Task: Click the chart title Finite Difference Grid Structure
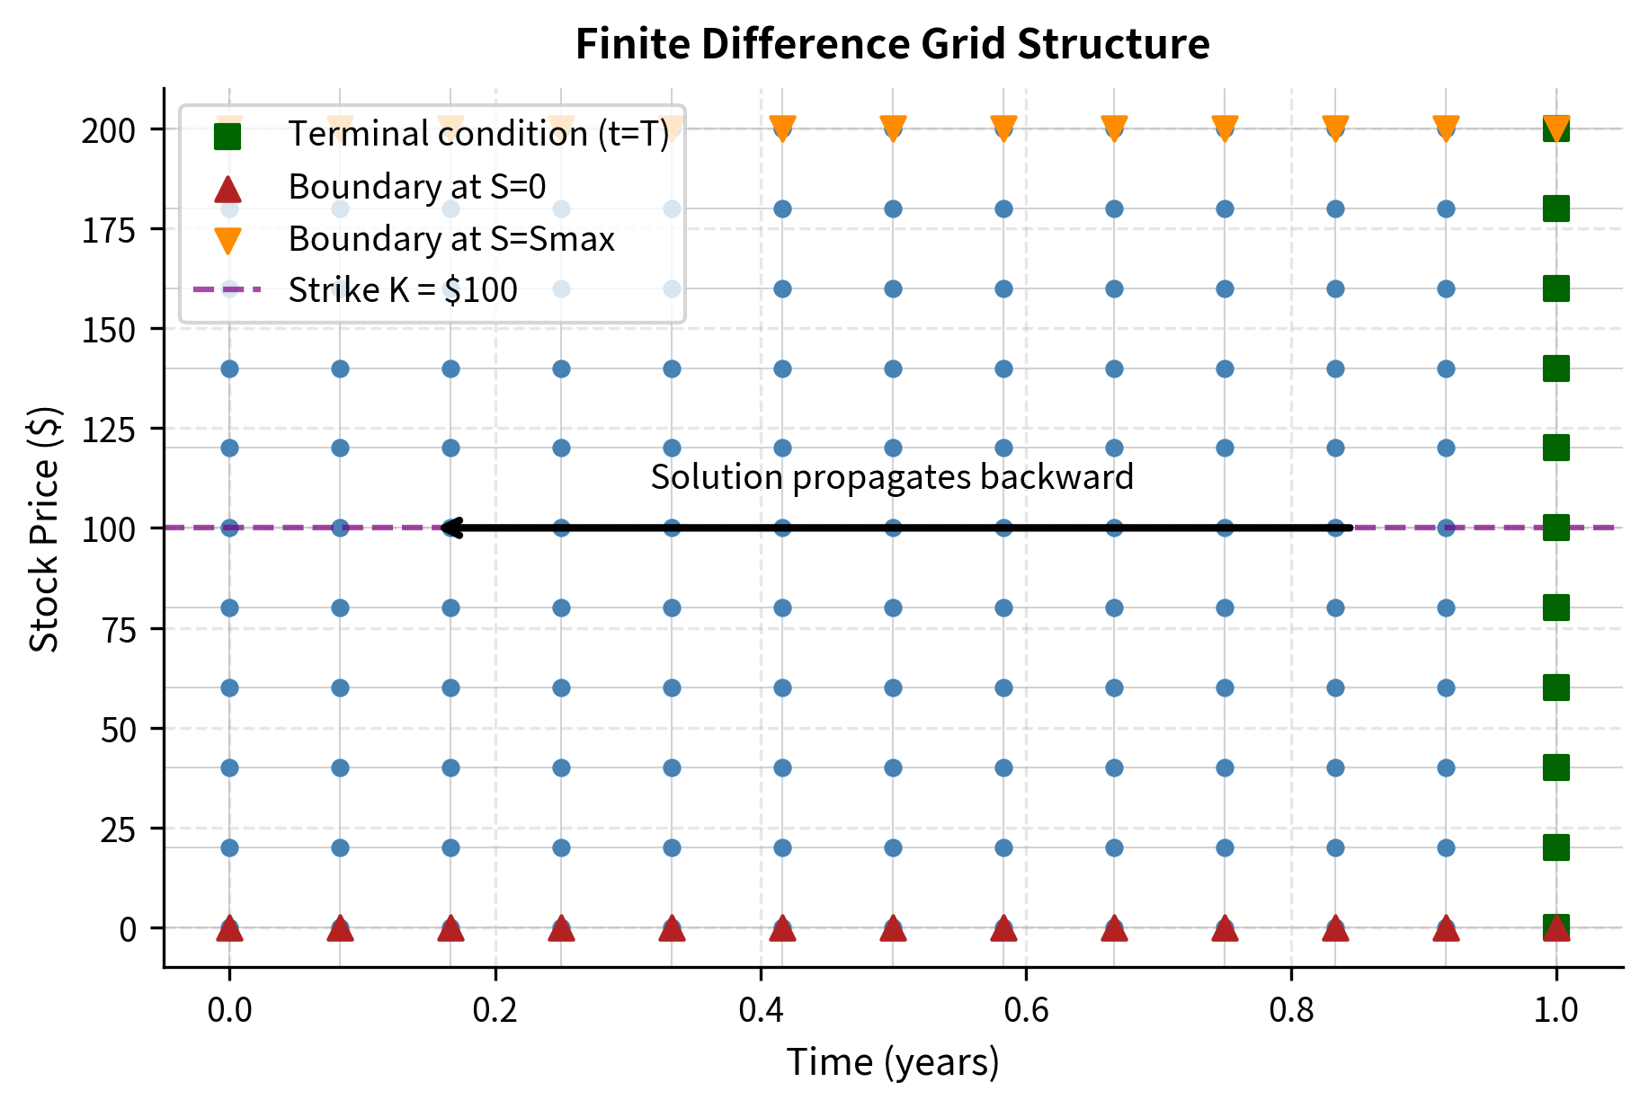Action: tap(892, 43)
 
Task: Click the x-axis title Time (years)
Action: tap(893, 1061)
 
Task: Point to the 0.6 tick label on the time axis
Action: tap(1026, 1009)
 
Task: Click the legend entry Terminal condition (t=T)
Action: tap(477, 134)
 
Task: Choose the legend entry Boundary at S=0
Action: tap(416, 187)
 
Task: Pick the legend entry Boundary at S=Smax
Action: tap(450, 239)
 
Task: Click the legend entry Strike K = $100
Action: tap(402, 290)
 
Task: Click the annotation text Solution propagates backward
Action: tap(892, 476)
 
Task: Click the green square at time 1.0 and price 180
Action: tap(1555, 208)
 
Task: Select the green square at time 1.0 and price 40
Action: tap(1555, 767)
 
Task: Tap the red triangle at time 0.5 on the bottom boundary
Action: tap(893, 928)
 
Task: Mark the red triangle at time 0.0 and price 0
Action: tap(229, 928)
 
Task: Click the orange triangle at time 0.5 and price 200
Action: tap(893, 128)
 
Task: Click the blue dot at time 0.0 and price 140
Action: tap(229, 368)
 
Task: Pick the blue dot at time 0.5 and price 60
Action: tap(893, 688)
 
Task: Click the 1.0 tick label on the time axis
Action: tap(1555, 1009)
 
